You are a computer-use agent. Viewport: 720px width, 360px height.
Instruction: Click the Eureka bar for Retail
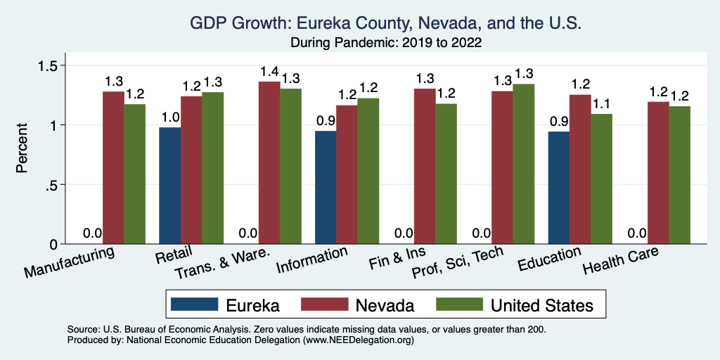pos(170,186)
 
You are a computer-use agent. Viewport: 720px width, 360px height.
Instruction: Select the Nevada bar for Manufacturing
pos(113,168)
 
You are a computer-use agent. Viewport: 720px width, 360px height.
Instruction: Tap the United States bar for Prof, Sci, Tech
pos(523,164)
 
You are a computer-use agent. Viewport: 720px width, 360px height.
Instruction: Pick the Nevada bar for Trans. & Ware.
pos(269,163)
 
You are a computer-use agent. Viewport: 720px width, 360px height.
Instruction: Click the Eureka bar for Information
pos(326,188)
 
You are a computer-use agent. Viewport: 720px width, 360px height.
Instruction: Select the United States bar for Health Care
pos(679,175)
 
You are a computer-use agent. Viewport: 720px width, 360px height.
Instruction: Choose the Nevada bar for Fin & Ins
pos(424,167)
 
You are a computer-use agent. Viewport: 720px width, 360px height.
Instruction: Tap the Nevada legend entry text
pos(385,305)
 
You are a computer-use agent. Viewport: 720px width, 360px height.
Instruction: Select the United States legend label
pos(541,305)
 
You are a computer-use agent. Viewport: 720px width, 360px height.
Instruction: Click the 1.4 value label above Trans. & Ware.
pos(269,72)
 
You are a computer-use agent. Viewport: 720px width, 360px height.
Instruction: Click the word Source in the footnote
pos(83,329)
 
